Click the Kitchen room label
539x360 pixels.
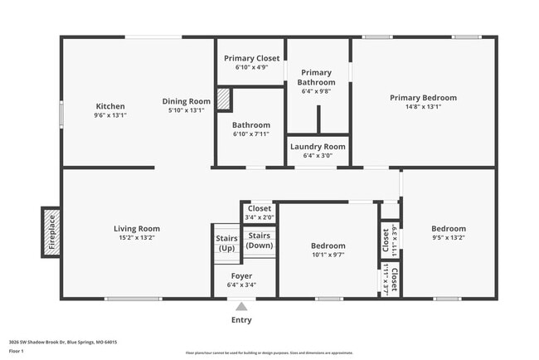(x=110, y=106)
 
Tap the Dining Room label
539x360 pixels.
(x=186, y=101)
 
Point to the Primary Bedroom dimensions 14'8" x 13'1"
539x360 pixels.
(x=423, y=107)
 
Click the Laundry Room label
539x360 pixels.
(x=318, y=147)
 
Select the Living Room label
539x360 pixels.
(x=137, y=229)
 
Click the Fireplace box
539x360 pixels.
(x=50, y=231)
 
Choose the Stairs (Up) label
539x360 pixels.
(x=226, y=243)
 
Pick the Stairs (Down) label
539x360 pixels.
(x=260, y=241)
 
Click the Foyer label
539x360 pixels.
(x=241, y=275)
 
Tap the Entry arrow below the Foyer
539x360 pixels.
(x=241, y=305)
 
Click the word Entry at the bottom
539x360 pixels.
(x=241, y=320)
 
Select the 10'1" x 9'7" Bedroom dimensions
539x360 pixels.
(x=328, y=255)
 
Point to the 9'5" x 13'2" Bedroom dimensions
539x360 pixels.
(x=448, y=238)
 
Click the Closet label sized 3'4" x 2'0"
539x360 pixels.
(x=259, y=208)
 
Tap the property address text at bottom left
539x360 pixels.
(x=63, y=342)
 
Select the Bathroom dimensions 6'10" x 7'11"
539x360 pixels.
(x=250, y=134)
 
